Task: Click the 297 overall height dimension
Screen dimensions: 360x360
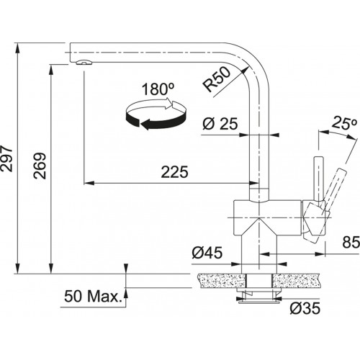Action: point(6,158)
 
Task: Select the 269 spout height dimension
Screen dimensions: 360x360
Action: point(40,166)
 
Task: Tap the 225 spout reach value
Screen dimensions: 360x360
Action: point(174,172)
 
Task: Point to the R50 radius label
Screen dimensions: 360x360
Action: point(216,79)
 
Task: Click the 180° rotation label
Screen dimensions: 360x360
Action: point(158,89)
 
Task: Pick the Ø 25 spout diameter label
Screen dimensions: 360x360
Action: point(220,124)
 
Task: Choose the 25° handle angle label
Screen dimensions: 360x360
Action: point(344,124)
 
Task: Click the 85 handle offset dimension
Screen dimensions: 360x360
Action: point(351,242)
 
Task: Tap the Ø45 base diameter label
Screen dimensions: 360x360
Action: point(207,253)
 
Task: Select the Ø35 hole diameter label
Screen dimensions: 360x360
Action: point(305,308)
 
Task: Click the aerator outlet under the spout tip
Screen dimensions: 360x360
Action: point(84,62)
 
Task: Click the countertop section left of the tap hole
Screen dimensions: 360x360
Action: point(222,281)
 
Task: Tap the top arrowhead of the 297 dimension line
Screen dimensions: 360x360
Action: point(17,48)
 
